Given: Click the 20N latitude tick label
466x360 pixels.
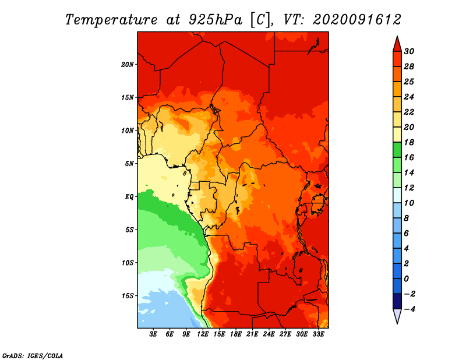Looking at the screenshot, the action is (128, 65).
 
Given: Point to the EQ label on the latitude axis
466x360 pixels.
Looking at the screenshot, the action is (129, 197).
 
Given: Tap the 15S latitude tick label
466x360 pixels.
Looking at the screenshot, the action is (128, 296).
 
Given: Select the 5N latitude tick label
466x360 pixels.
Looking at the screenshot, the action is (129, 164).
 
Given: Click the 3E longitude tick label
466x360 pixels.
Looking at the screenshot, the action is (153, 334).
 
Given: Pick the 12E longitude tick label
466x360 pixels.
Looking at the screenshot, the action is (203, 334).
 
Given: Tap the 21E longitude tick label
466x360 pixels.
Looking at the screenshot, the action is (252, 334).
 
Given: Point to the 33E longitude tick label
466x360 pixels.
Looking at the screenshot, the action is (318, 334).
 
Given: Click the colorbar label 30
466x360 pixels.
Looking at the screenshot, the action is (409, 51).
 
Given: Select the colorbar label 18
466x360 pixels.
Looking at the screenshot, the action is (409, 142).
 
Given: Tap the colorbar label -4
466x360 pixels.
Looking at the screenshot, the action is (410, 309).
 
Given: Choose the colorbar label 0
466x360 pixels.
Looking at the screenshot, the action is (406, 279).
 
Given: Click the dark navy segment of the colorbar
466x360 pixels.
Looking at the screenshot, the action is (397, 301).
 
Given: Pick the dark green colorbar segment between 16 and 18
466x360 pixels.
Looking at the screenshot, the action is (397, 150).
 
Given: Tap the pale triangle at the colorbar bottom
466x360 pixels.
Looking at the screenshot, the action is (397, 315).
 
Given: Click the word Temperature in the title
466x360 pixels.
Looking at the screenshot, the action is (111, 20).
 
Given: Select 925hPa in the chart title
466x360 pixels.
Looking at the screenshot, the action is (216, 20).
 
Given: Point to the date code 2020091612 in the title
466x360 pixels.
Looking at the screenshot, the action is (357, 20).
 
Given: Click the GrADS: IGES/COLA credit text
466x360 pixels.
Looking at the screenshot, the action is (33, 356).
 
